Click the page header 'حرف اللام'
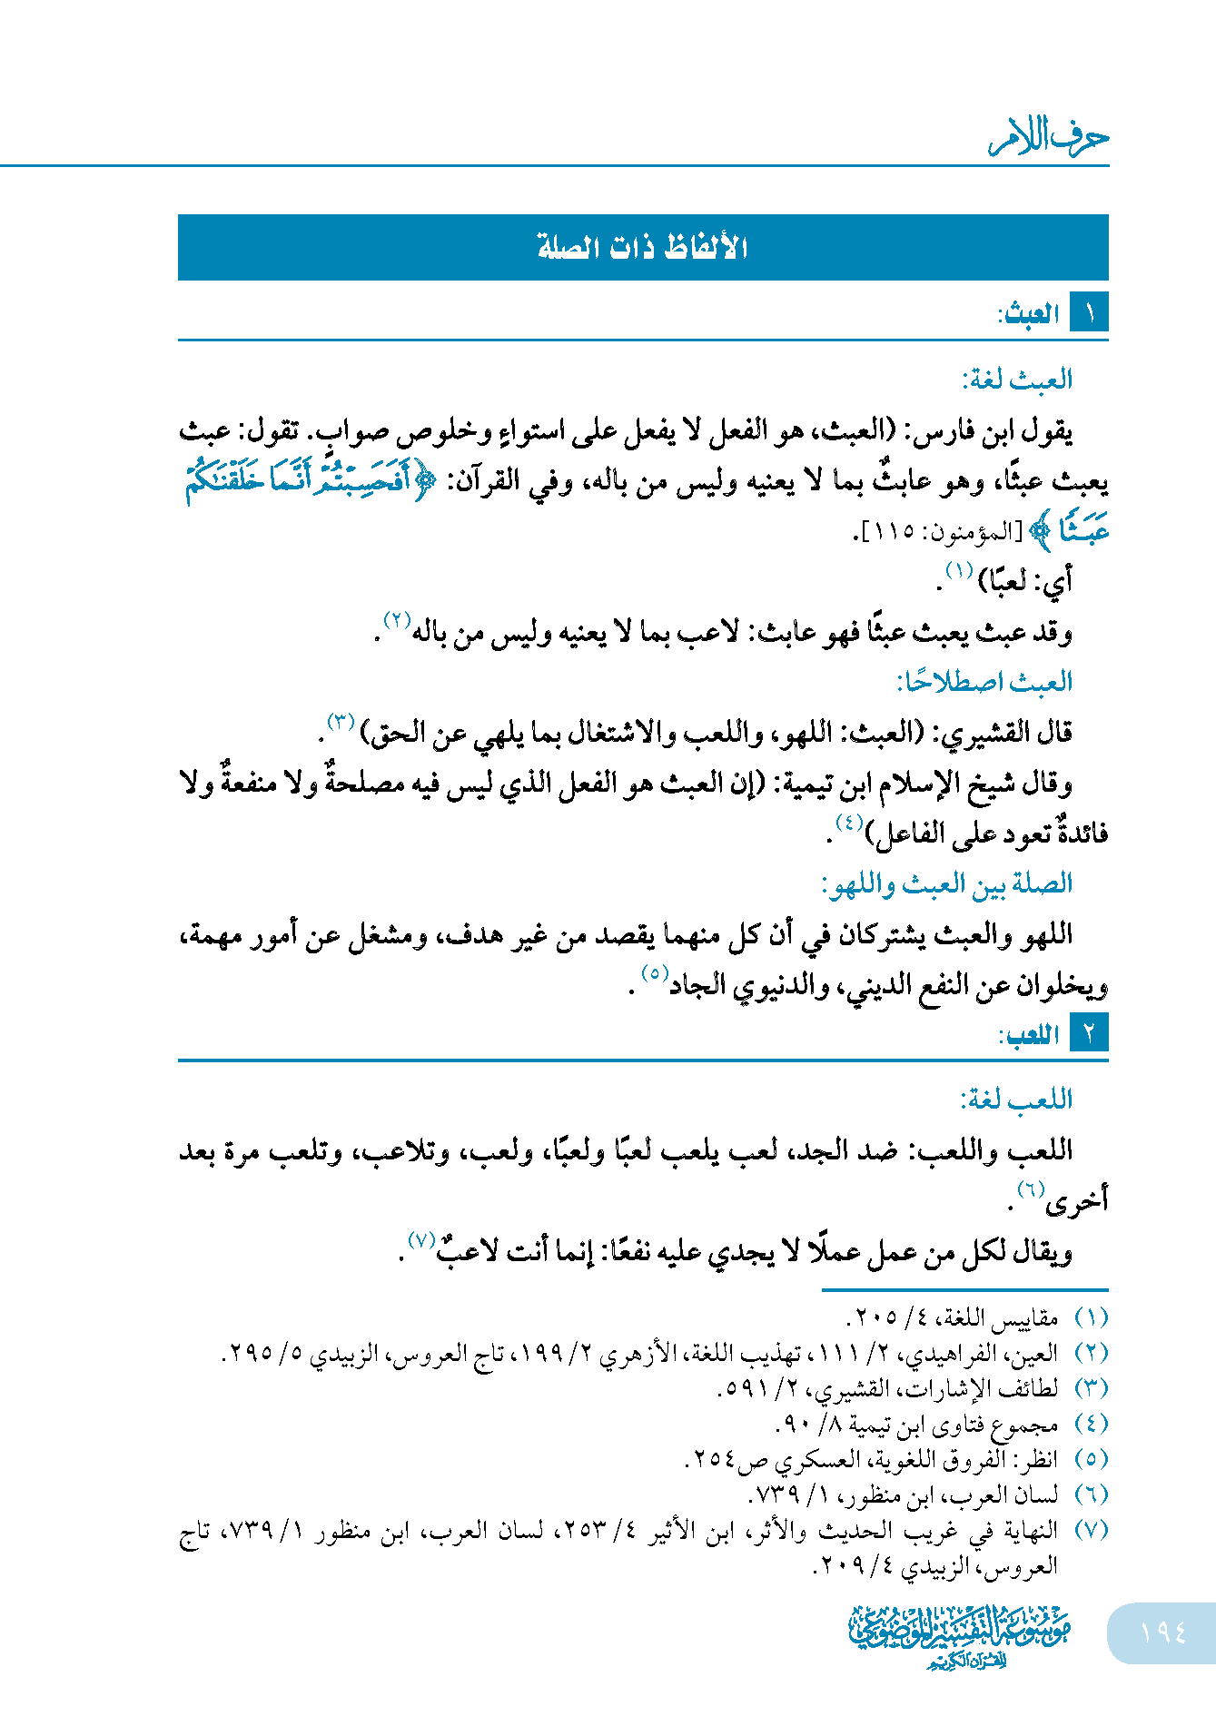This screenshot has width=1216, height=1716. click(x=1049, y=138)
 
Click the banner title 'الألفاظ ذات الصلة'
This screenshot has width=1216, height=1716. click(x=642, y=247)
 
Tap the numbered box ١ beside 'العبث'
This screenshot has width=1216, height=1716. click(x=1089, y=314)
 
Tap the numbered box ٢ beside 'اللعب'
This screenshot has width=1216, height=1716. click(x=1089, y=1034)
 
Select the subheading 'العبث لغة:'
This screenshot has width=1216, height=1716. click(x=1017, y=379)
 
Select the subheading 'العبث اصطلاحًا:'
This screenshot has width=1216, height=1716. click(x=984, y=682)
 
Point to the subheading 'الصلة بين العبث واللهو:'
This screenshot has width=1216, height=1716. click(x=946, y=883)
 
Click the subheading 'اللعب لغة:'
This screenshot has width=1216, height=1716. click(x=1016, y=1100)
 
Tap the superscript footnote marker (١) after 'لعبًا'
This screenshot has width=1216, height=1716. click(x=959, y=571)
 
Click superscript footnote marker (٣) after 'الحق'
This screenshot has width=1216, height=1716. click(x=340, y=723)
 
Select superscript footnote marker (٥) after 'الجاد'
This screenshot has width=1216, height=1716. click(x=655, y=974)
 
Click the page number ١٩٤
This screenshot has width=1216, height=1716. click(x=1162, y=1632)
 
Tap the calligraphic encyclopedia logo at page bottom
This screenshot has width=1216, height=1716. click(x=959, y=1635)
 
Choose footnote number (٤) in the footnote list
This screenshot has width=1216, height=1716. click(x=1091, y=1424)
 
